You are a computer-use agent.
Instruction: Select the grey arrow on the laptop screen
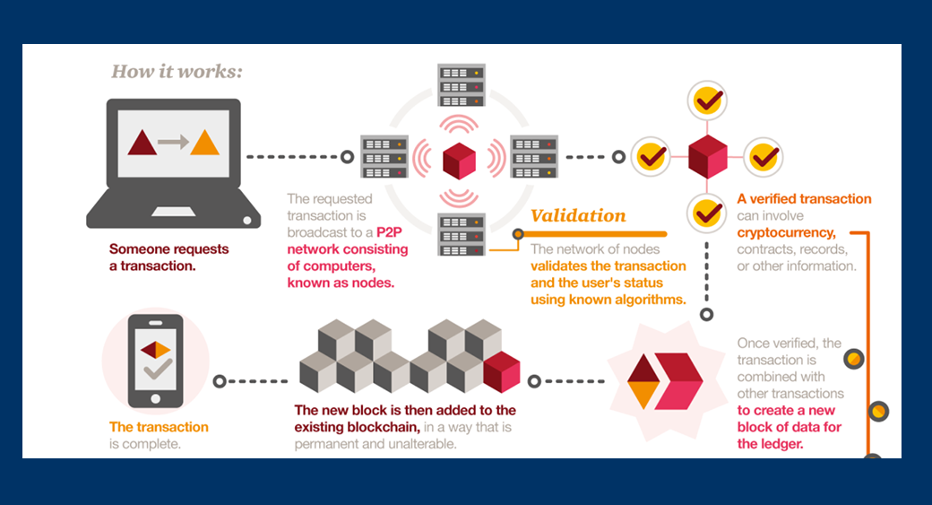[173, 142]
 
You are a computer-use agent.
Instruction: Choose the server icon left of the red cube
[384, 157]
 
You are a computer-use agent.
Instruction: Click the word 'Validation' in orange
[578, 216]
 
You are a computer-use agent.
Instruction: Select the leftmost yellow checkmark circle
[651, 158]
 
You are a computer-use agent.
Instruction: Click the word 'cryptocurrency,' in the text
[786, 232]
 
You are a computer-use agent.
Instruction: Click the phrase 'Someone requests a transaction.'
[168, 257]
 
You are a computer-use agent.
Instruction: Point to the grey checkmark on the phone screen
[158, 369]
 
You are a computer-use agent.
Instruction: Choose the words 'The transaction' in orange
[159, 427]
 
